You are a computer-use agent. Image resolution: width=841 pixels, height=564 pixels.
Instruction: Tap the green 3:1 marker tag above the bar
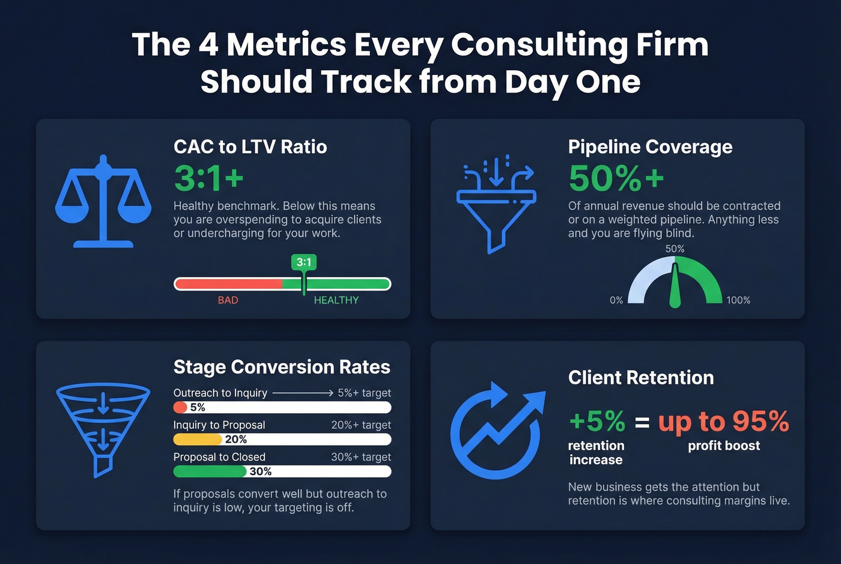(x=304, y=262)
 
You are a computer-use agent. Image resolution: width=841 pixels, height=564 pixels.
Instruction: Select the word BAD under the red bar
(x=228, y=300)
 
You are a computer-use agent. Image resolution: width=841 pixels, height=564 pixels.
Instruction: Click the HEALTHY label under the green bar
(x=336, y=300)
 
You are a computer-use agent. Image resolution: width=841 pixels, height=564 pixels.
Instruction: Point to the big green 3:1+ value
(x=208, y=178)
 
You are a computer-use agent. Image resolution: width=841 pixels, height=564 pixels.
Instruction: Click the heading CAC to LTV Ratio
(x=250, y=147)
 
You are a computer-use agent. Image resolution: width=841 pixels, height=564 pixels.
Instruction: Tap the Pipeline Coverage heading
(x=650, y=147)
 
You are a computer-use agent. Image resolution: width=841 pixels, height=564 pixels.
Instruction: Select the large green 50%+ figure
(x=616, y=178)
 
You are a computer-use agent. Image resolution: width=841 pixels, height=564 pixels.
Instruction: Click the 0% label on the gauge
(x=616, y=300)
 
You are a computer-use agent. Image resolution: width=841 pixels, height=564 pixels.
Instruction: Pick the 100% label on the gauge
(x=738, y=300)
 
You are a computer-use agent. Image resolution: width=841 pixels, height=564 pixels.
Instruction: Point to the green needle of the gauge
(x=675, y=285)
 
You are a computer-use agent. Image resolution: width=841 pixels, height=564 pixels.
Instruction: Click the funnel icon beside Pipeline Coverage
(x=496, y=204)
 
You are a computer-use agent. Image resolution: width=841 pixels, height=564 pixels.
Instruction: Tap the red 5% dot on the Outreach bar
(x=180, y=407)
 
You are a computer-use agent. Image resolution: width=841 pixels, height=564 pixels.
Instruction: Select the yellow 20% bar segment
(x=198, y=439)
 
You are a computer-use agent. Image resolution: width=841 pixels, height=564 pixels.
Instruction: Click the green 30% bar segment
(x=210, y=472)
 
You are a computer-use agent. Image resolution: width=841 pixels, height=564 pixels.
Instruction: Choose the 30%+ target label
(x=360, y=457)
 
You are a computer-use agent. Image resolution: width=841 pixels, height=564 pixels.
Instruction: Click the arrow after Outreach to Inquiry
(x=303, y=393)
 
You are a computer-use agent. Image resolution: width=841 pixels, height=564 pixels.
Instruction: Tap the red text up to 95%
(x=723, y=421)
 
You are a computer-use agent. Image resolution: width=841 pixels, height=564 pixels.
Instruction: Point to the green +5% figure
(x=597, y=421)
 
